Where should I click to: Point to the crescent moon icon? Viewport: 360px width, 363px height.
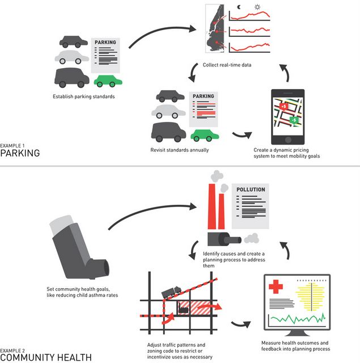239,8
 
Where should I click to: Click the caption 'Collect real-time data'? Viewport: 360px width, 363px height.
227,65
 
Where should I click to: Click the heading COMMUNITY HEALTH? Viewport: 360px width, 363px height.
45,357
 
